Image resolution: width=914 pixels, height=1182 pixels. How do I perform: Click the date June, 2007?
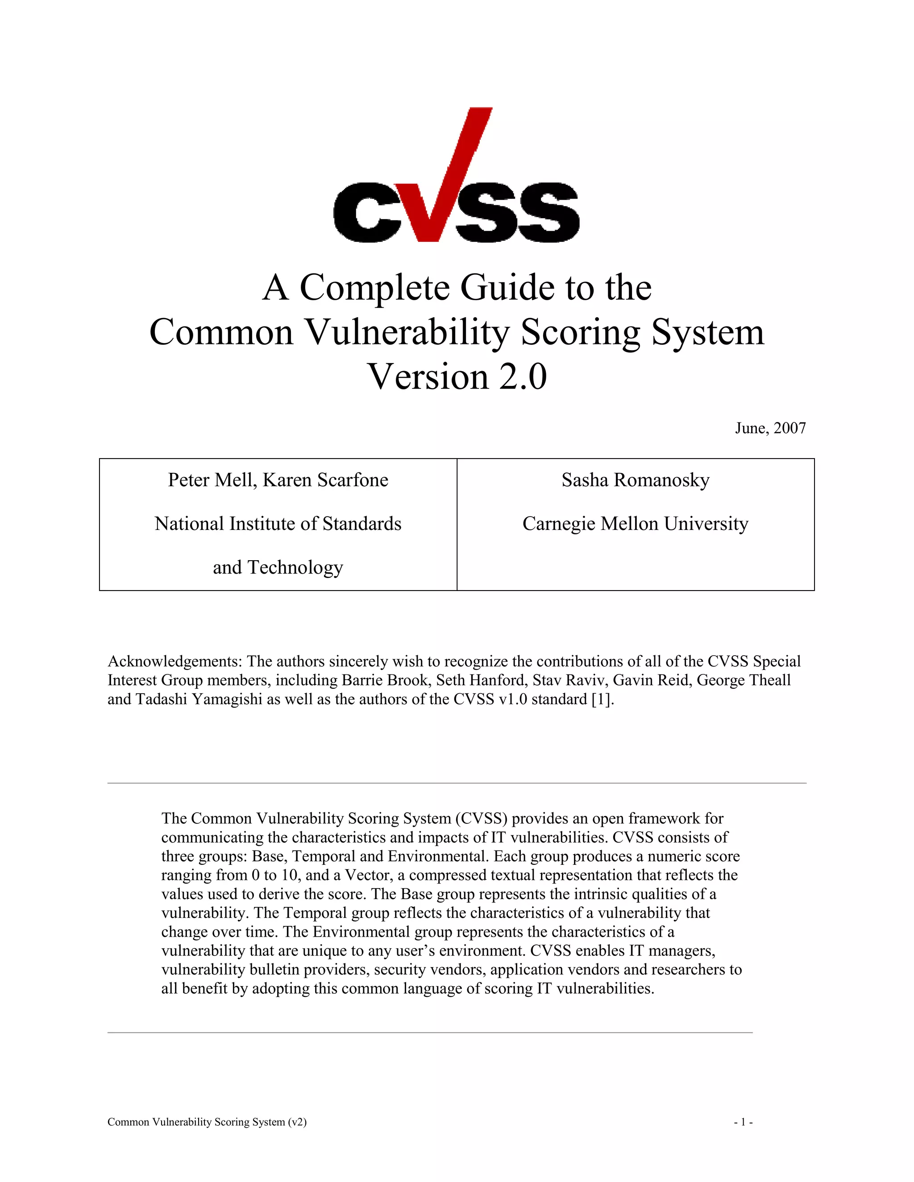pyautogui.click(x=770, y=428)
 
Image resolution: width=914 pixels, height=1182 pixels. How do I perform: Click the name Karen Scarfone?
pyautogui.click(x=325, y=480)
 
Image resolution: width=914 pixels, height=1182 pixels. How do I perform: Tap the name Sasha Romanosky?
pyautogui.click(x=635, y=480)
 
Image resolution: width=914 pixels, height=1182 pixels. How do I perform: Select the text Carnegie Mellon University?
pyautogui.click(x=635, y=524)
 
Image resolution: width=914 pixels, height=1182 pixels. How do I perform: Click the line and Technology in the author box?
pyautogui.click(x=278, y=567)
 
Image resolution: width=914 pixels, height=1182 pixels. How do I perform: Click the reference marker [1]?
pyautogui.click(x=602, y=699)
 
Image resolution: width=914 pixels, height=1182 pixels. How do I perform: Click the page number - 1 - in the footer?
pyautogui.click(x=743, y=1122)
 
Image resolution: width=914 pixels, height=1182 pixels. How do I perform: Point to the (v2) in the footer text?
pyautogui.click(x=297, y=1122)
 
